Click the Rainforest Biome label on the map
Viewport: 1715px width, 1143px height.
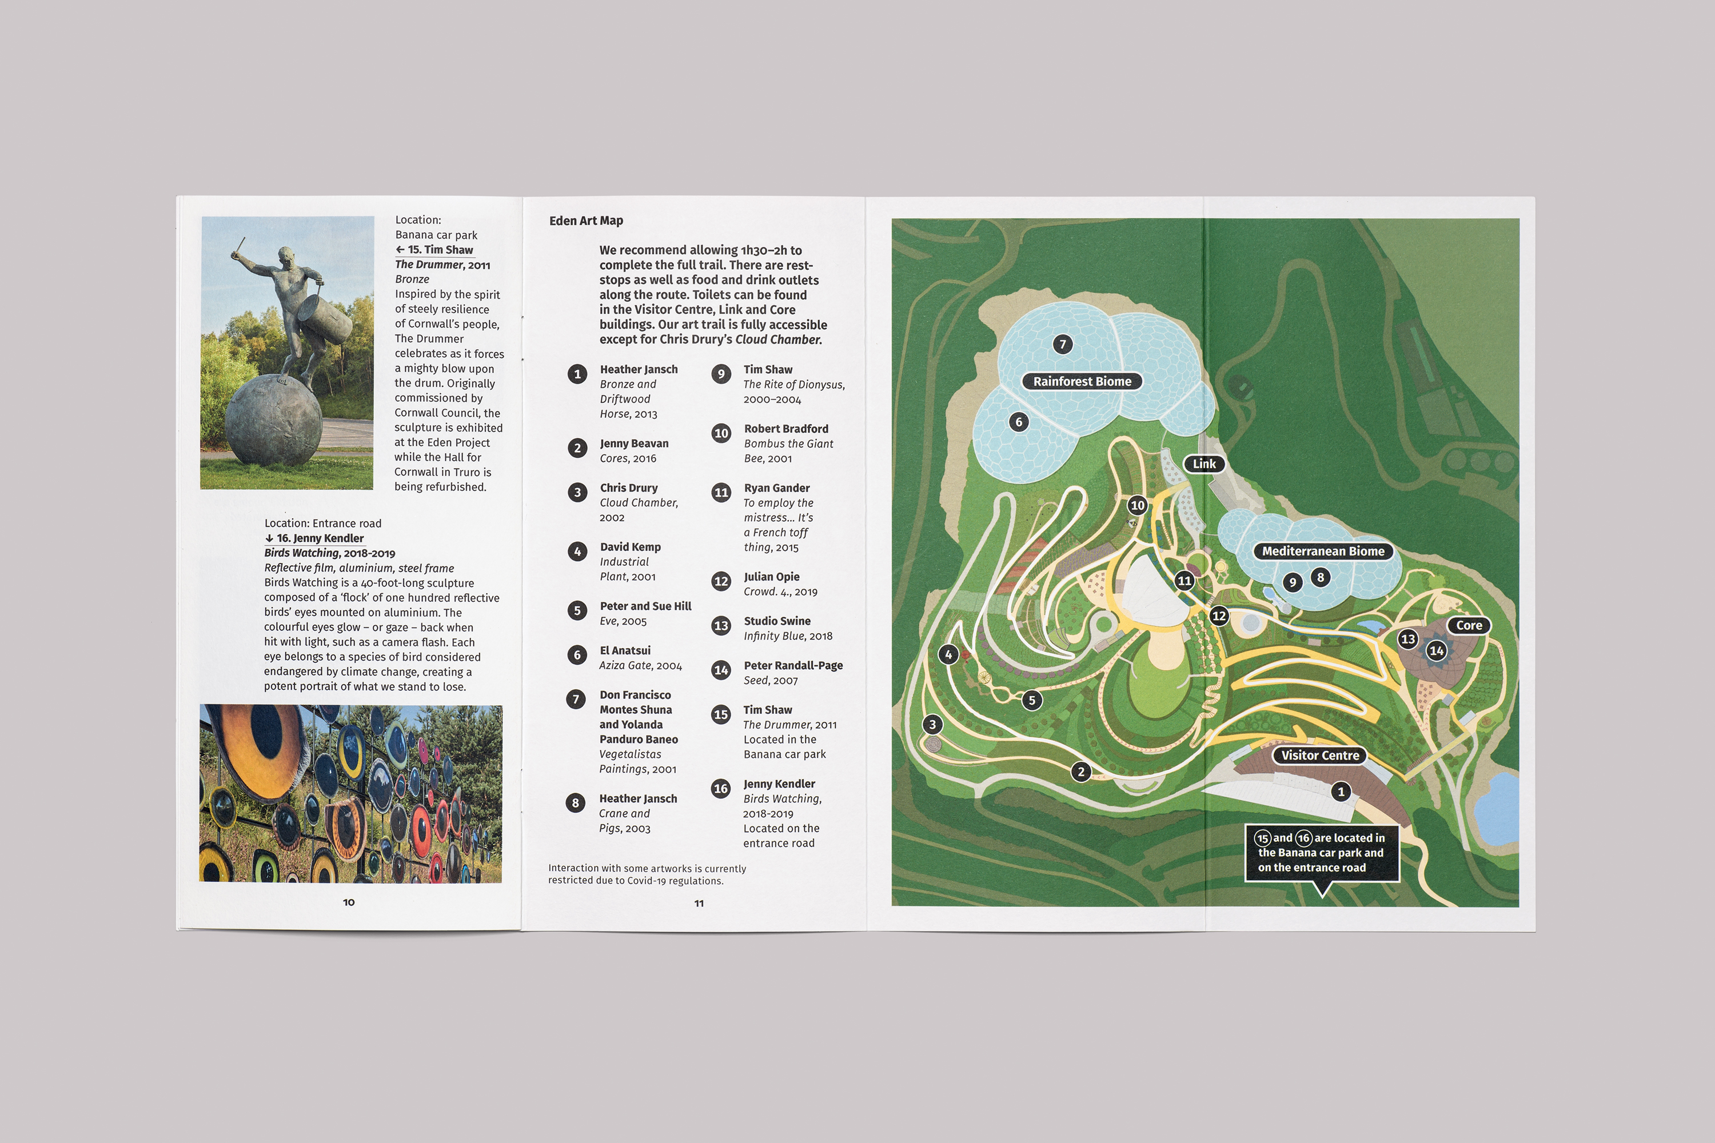[1082, 381]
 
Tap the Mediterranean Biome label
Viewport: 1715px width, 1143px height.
[1323, 551]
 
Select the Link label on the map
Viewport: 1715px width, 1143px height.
[1204, 463]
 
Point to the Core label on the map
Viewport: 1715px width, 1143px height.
[1469, 625]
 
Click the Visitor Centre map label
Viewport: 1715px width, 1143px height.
[1320, 755]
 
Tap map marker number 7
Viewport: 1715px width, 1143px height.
[1062, 344]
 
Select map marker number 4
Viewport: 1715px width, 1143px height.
[948, 654]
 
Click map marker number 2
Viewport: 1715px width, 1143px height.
[1080, 771]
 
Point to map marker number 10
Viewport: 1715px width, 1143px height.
[1138, 505]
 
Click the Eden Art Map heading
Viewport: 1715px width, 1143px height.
[585, 221]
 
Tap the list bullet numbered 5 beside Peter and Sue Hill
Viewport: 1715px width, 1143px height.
[577, 611]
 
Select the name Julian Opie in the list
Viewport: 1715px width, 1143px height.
[771, 577]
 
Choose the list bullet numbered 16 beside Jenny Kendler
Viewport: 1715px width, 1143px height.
[720, 789]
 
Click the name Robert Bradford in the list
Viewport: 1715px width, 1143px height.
[785, 429]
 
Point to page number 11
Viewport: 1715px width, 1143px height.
[699, 903]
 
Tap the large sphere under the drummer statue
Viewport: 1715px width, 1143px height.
[273, 419]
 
